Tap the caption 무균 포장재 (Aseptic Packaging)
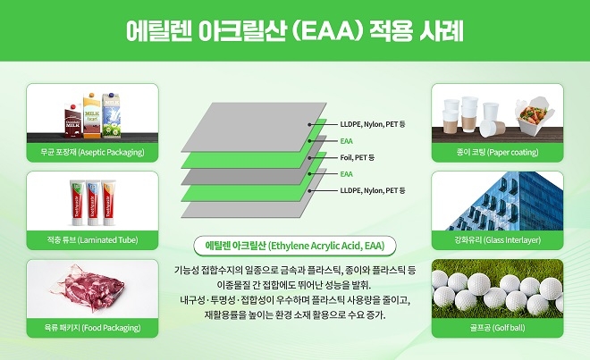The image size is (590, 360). pyautogui.click(x=93, y=153)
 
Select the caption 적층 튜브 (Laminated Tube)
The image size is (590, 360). pyautogui.click(x=93, y=240)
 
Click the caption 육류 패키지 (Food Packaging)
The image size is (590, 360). pyautogui.click(x=93, y=328)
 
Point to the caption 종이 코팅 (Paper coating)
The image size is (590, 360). pyautogui.click(x=497, y=153)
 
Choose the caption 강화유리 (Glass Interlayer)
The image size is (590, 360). pyautogui.click(x=497, y=240)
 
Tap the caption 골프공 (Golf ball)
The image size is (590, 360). pyautogui.click(x=497, y=328)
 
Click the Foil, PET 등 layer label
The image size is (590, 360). pyautogui.click(x=357, y=157)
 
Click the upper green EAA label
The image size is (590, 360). pyautogui.click(x=347, y=140)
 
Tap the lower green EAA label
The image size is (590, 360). pyautogui.click(x=347, y=174)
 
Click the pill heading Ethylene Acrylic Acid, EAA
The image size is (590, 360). pyautogui.click(x=294, y=245)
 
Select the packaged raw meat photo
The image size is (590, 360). pyautogui.click(x=92, y=290)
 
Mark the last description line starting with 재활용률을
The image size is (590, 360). pyautogui.click(x=294, y=315)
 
